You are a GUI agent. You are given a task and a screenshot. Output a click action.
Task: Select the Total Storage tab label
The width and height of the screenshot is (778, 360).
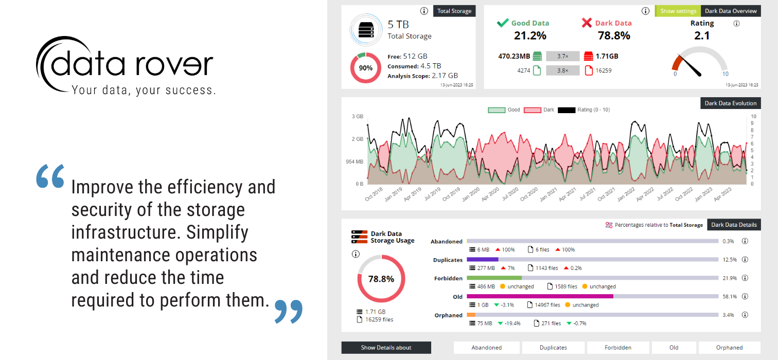tap(454, 11)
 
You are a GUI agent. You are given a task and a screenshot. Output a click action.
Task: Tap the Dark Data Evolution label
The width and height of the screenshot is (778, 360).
tap(731, 103)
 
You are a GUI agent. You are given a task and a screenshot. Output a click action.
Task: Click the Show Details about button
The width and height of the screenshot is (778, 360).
tap(386, 348)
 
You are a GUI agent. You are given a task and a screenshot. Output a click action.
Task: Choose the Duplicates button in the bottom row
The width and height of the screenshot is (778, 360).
tap(553, 348)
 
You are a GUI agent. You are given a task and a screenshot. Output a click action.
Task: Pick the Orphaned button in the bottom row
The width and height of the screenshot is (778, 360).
tap(729, 348)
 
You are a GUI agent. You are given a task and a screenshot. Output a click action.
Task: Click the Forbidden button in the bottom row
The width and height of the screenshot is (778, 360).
tap(618, 348)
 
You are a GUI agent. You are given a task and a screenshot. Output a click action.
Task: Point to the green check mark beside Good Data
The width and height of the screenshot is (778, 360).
tap(503, 23)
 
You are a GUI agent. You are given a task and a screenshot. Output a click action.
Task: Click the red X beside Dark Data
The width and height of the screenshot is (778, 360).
tap(587, 23)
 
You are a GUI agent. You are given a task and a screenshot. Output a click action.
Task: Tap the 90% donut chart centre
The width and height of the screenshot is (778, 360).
tap(366, 68)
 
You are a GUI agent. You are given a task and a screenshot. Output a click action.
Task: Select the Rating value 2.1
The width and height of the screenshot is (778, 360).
tap(702, 35)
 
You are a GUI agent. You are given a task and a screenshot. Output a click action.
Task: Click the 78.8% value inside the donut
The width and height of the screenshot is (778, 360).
tap(381, 279)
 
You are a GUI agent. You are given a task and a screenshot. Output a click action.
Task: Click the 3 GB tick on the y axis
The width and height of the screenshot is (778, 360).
tap(357, 117)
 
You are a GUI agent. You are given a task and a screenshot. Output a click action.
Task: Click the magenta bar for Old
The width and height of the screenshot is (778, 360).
tap(540, 297)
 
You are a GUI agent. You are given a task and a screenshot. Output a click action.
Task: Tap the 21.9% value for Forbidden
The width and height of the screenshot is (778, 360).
tap(729, 278)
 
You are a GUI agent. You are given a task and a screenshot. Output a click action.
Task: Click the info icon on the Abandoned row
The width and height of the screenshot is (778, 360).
tap(745, 241)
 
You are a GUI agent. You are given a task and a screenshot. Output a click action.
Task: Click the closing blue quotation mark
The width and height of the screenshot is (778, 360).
tap(288, 311)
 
